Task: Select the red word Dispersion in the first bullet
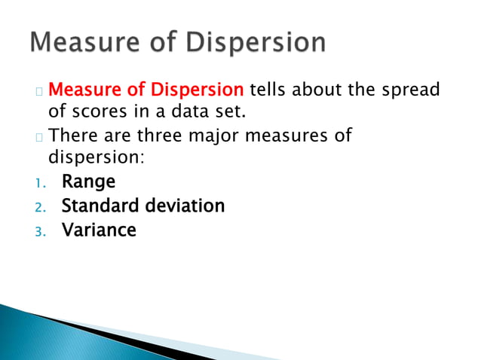(195, 91)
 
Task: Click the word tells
(267, 91)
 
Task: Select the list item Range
(88, 182)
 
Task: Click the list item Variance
(99, 230)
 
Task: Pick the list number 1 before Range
(39, 183)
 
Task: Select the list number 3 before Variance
(40, 230)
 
